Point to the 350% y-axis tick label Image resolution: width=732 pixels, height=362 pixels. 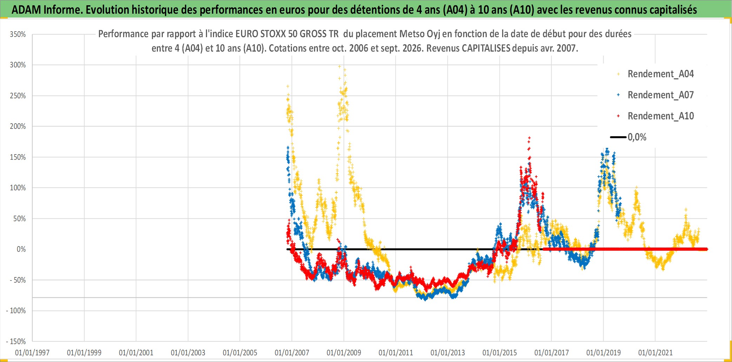[18, 34]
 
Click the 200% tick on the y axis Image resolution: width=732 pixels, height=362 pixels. [18, 126]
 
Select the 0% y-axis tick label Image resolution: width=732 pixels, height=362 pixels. [21, 249]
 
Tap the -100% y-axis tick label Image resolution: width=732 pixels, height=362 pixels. [16, 311]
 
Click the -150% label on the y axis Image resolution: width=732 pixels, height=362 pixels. [16, 341]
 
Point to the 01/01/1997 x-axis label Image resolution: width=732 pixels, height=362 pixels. [32, 353]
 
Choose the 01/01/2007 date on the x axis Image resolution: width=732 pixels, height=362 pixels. [292, 353]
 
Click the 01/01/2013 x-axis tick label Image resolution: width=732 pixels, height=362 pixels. [448, 353]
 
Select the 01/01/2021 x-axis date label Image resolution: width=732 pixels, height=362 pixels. [656, 353]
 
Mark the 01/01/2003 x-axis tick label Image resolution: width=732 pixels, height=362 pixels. [188, 353]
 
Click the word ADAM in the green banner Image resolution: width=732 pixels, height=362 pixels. [26, 10]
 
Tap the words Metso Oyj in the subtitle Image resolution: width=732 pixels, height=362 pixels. [420, 34]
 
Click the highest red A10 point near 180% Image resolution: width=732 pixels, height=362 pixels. [529, 138]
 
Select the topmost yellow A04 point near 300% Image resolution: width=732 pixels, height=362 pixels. [339, 66]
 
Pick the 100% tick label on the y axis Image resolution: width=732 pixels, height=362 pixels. [18, 188]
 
